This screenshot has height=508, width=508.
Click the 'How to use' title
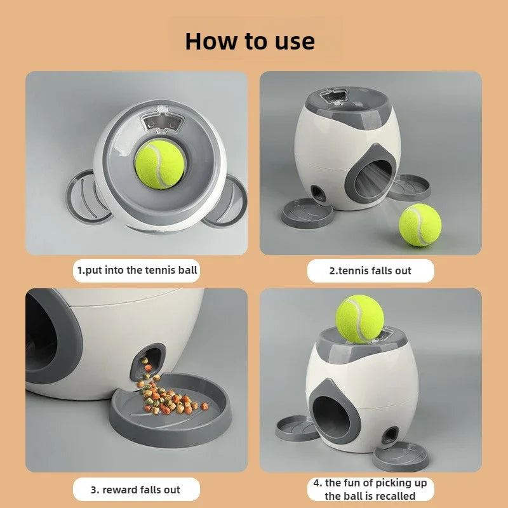click(250, 41)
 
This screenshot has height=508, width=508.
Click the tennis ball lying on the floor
click(420, 225)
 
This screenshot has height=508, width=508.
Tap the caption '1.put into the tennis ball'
click(137, 270)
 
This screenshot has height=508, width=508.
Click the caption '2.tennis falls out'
click(370, 271)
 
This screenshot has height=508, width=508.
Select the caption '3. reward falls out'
click(136, 490)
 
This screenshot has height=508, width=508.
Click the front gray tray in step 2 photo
click(307, 213)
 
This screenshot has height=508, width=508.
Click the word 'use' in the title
click(291, 41)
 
